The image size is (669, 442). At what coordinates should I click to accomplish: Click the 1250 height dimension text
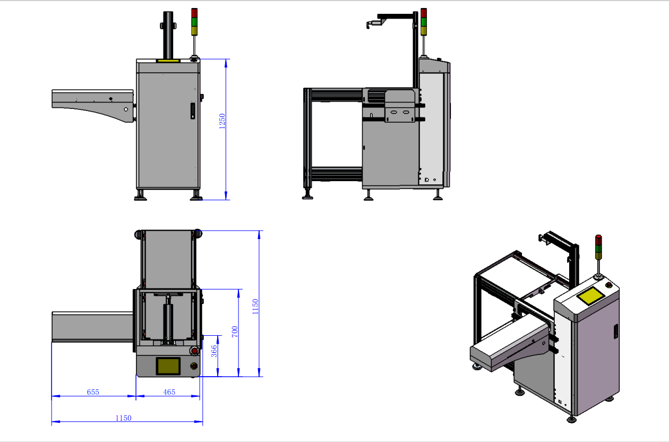click(222, 121)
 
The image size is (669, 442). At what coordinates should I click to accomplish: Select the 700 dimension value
click(235, 332)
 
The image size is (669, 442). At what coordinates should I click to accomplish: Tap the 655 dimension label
click(93, 392)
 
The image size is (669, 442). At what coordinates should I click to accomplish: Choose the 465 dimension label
click(169, 392)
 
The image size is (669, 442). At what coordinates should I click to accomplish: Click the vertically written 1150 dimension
click(255, 307)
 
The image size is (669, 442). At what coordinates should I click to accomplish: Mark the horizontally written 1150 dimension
click(123, 418)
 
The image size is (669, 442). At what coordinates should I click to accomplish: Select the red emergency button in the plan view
click(194, 351)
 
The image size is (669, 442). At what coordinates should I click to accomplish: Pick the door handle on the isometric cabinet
click(616, 331)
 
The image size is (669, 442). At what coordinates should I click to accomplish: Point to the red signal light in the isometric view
click(599, 239)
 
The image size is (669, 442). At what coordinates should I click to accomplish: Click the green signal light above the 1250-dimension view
click(194, 21)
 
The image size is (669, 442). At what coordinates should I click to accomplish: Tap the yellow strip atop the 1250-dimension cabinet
click(168, 61)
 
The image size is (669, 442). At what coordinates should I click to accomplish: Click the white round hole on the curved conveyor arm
click(126, 109)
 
